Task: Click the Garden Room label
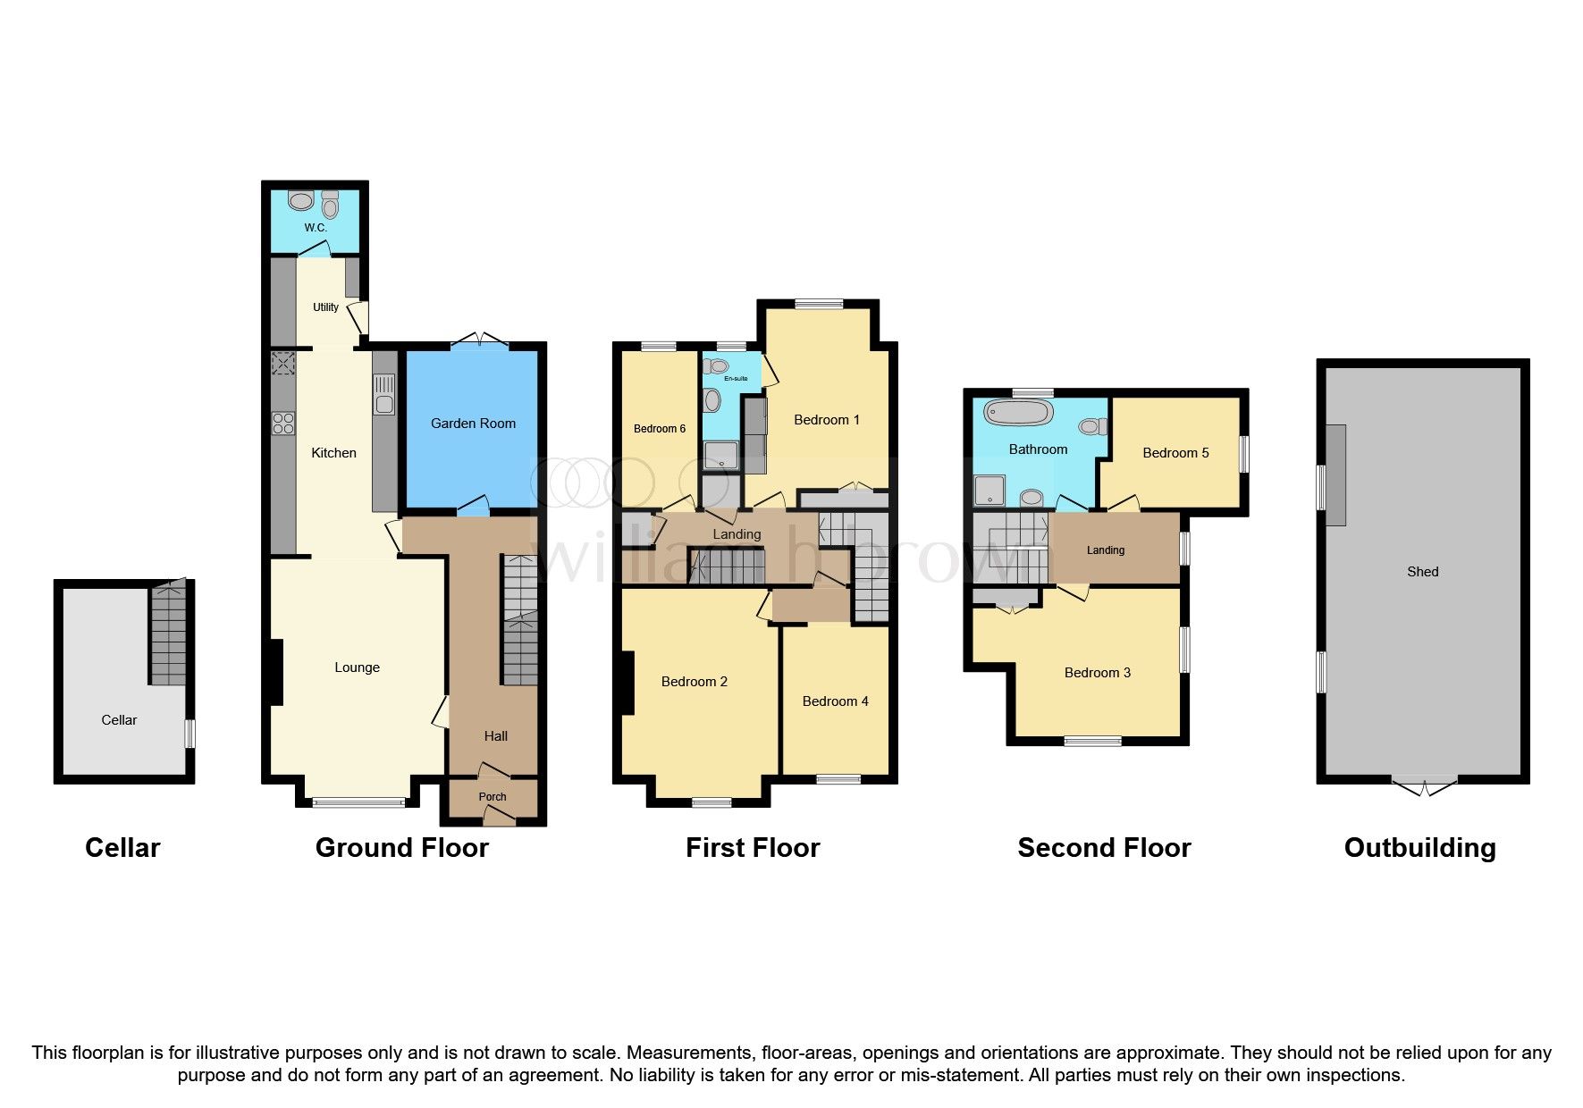point(473,424)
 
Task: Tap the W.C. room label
point(316,228)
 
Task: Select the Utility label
point(325,307)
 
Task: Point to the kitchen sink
point(384,395)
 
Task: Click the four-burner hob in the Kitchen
point(283,423)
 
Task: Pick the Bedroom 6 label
point(660,429)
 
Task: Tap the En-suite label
point(736,379)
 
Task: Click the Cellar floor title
point(122,848)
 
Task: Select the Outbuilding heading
point(1420,848)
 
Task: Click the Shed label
point(1423,572)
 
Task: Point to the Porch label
point(493,797)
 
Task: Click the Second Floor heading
point(1105,848)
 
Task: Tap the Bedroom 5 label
point(1175,453)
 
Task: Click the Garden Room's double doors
point(479,340)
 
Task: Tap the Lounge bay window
point(358,802)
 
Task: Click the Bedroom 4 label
point(835,701)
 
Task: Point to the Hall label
point(495,736)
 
